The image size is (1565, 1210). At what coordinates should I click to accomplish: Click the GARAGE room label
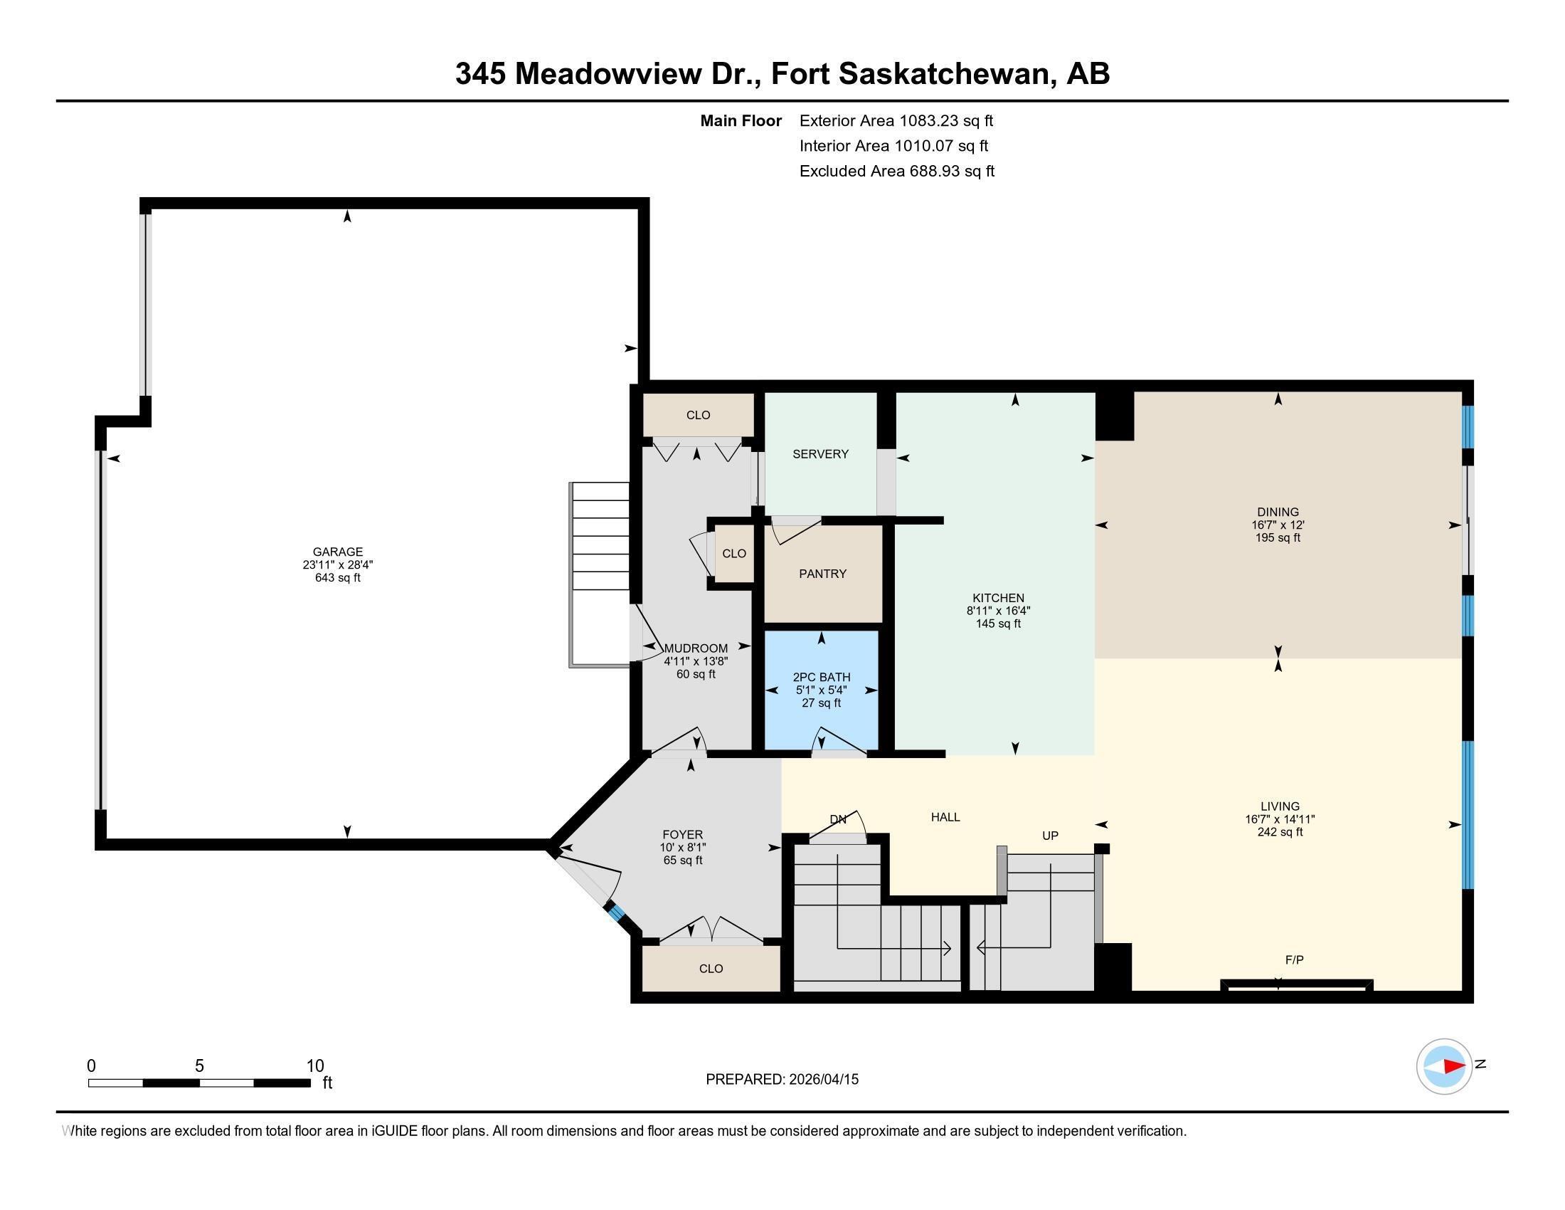(x=337, y=551)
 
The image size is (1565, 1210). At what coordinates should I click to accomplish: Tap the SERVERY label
(x=819, y=454)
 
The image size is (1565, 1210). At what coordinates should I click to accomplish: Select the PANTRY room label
(x=822, y=574)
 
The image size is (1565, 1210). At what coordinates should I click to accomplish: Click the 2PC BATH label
(x=821, y=677)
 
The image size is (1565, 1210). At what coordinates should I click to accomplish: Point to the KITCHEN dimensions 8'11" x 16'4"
(x=998, y=611)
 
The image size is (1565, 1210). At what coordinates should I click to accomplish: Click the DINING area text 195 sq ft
(x=1278, y=537)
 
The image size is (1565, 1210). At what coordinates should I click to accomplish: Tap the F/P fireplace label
(x=1294, y=960)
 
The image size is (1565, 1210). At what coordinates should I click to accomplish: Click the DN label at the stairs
(x=838, y=819)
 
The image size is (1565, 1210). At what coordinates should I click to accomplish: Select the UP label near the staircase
(x=1050, y=836)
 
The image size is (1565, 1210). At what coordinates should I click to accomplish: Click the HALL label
(x=945, y=817)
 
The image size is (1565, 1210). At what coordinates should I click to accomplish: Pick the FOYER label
(x=682, y=834)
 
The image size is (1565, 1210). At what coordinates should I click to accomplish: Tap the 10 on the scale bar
(x=314, y=1066)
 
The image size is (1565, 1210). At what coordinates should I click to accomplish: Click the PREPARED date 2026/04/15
(x=822, y=1080)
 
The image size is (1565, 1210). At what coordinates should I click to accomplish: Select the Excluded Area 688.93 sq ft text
(x=896, y=172)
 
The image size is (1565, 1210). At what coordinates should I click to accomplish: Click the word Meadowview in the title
(x=608, y=74)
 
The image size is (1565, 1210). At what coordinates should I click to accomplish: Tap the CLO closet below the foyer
(x=711, y=969)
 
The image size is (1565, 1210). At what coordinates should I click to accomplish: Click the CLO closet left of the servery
(x=698, y=415)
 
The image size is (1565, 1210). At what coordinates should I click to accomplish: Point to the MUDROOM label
(x=696, y=648)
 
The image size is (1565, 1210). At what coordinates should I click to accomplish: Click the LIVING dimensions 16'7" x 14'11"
(x=1280, y=819)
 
